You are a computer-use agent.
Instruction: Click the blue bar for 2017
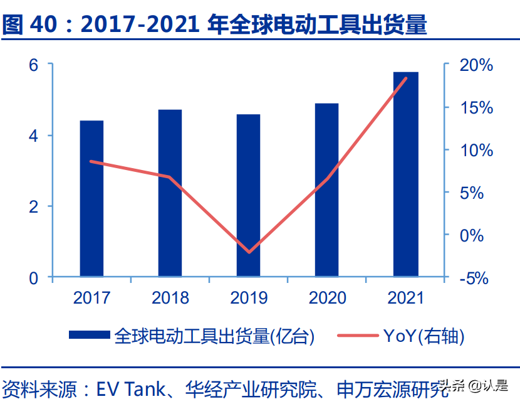point(91,198)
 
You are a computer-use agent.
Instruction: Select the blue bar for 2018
point(170,193)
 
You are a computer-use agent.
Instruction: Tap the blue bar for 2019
point(248,195)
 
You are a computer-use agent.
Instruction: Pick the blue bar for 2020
point(326,190)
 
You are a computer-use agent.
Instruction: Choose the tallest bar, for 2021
point(405,174)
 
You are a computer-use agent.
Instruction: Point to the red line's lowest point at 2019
point(249,252)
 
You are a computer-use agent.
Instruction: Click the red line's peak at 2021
point(406,78)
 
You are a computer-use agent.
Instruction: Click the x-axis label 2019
point(249,297)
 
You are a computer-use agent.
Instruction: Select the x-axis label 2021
point(406,297)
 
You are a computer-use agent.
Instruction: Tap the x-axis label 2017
point(92,297)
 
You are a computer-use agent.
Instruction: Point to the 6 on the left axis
point(33,65)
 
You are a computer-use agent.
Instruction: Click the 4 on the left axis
point(33,136)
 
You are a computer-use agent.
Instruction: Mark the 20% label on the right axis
point(476,65)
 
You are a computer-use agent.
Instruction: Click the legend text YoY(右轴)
point(424,336)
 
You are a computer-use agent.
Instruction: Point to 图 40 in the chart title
point(31,24)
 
